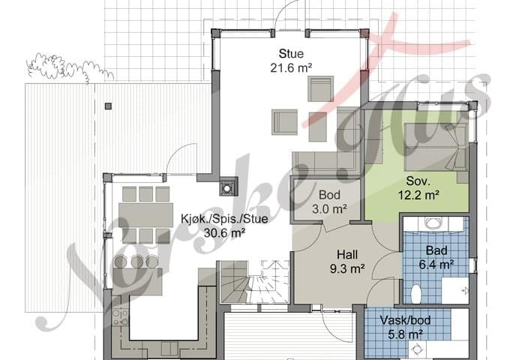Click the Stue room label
291,53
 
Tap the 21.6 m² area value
291,68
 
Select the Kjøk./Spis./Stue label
224,219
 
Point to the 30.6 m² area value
224,232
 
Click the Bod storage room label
329,195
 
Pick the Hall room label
347,254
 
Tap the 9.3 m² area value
347,268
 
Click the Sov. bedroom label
418,181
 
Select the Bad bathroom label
436,250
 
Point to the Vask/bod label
406,320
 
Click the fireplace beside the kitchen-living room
227,187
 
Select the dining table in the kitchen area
145,214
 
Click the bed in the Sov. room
436,147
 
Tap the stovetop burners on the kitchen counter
120,317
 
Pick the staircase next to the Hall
253,281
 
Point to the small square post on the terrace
108,106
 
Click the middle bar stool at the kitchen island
137,262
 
